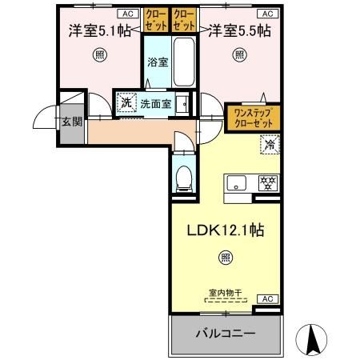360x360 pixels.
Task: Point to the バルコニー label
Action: pyautogui.click(x=226, y=332)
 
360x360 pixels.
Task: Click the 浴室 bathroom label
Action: pyautogui.click(x=157, y=62)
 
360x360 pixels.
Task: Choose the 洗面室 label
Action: pyautogui.click(x=156, y=103)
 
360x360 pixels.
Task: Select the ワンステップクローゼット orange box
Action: pyautogui.click(x=252, y=118)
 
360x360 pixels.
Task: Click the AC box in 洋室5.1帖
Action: pyautogui.click(x=126, y=14)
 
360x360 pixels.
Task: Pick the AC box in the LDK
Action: pyautogui.click(x=269, y=298)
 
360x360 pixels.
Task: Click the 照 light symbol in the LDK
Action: pyautogui.click(x=226, y=258)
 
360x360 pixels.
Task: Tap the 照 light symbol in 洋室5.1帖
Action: pyautogui.click(x=98, y=55)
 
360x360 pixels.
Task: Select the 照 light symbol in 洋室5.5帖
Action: pyautogui.click(x=239, y=55)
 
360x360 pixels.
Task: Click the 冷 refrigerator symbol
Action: pyautogui.click(x=270, y=146)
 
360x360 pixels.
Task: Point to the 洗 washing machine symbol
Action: pyautogui.click(x=125, y=103)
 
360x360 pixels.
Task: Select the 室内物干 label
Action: pyautogui.click(x=226, y=294)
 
